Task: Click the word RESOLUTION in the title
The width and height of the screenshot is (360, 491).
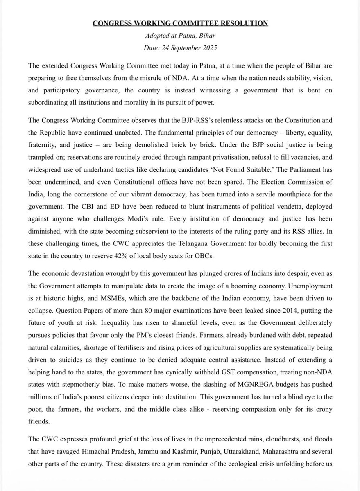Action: [243, 24]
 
